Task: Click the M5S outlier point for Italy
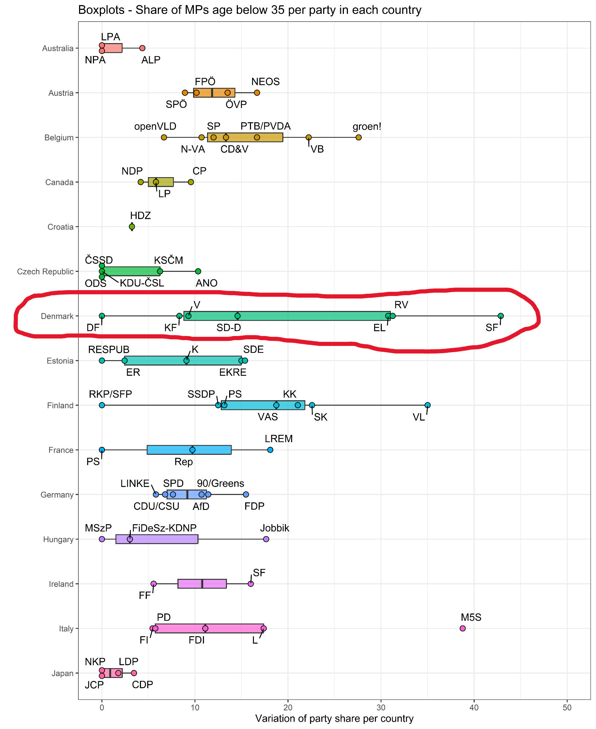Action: (x=462, y=628)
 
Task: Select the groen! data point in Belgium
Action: (x=358, y=137)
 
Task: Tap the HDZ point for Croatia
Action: (x=132, y=227)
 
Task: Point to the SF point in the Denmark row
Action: (x=501, y=316)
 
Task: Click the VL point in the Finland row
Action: (x=427, y=405)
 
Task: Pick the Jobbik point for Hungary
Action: (x=266, y=539)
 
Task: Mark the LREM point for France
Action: (x=270, y=450)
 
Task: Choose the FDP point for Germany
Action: (x=246, y=495)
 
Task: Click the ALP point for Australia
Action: (x=142, y=48)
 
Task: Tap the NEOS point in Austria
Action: (x=257, y=93)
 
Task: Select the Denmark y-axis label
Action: (x=57, y=316)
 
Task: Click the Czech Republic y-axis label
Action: (x=45, y=272)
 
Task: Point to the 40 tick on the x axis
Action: (x=474, y=707)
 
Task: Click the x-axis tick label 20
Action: (x=288, y=707)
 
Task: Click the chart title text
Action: (x=250, y=10)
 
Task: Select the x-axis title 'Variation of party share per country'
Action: (x=334, y=718)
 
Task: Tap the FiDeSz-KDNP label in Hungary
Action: (x=164, y=528)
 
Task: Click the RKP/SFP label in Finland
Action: (x=110, y=394)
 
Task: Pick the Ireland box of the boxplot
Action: (x=202, y=584)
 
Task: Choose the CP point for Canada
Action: (x=191, y=182)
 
